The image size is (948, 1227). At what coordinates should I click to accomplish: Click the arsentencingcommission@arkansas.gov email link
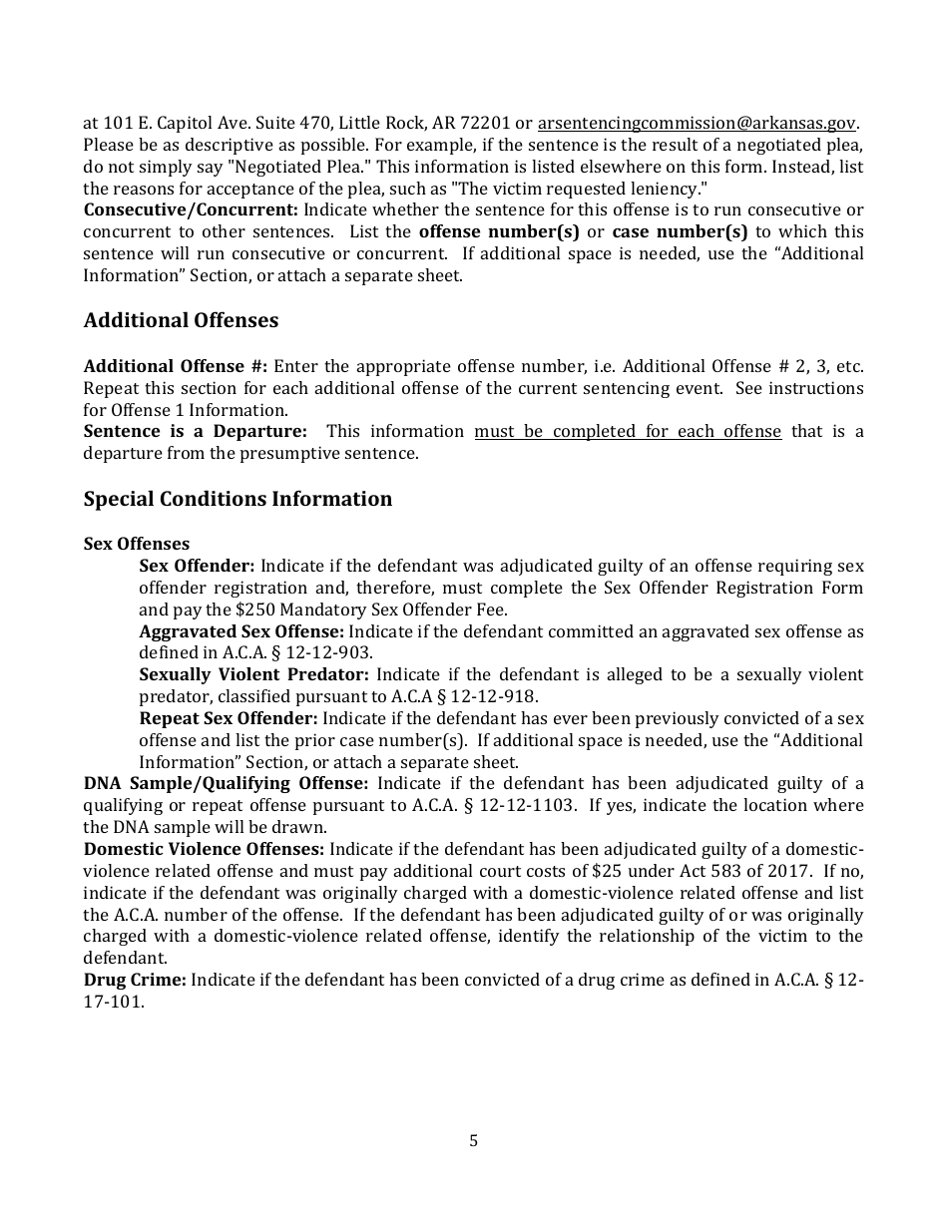click(x=697, y=124)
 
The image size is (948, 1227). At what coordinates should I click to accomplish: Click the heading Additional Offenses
click(x=181, y=320)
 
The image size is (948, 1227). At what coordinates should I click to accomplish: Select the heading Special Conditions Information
click(x=237, y=499)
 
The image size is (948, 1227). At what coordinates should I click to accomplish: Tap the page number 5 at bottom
click(x=473, y=1140)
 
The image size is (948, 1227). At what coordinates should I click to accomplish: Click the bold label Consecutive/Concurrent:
click(x=191, y=210)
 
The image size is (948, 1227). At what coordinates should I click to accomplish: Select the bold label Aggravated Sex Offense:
click(x=241, y=631)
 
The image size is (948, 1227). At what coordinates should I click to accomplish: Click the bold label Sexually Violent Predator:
click(x=253, y=675)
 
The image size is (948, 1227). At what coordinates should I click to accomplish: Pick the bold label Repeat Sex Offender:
click(x=229, y=719)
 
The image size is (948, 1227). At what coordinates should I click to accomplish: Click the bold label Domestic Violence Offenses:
click(x=204, y=850)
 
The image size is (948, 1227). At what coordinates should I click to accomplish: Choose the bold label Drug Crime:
click(x=135, y=980)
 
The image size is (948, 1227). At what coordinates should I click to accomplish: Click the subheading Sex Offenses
click(x=137, y=545)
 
